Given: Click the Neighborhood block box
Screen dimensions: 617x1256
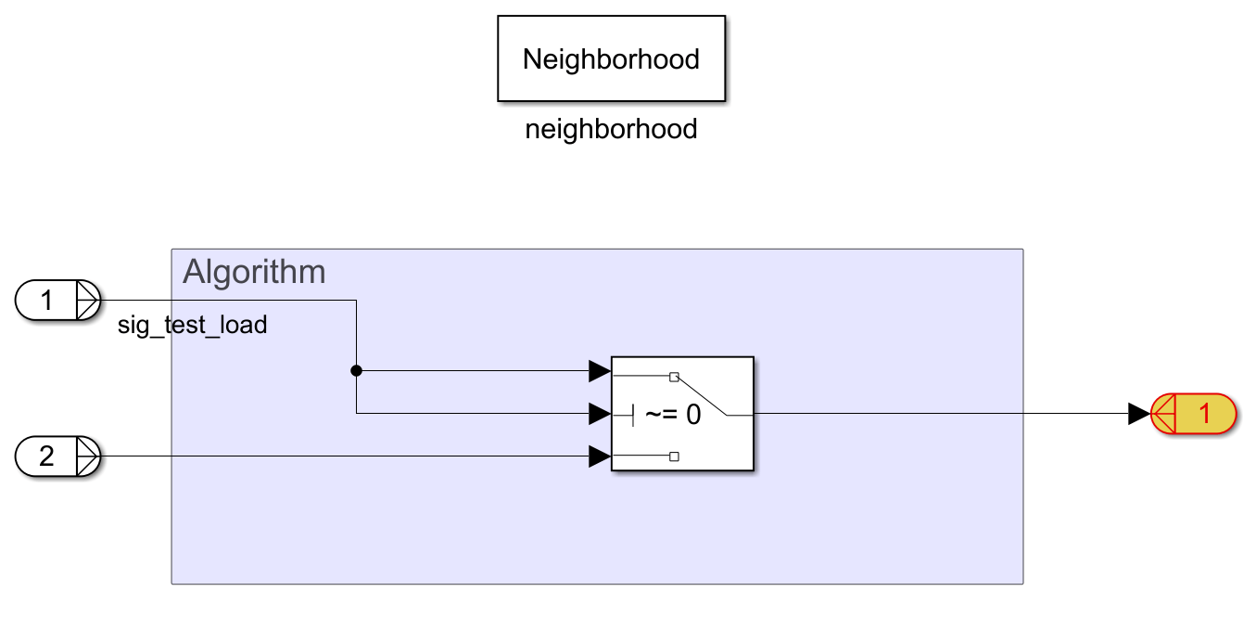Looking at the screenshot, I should [x=611, y=58].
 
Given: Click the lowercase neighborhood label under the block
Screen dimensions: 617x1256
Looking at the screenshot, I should [x=611, y=129].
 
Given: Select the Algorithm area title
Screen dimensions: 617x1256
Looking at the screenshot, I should [x=254, y=272].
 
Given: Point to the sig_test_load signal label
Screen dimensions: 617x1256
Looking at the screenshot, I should [x=192, y=325].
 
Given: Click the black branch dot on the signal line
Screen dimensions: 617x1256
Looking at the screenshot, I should [x=356, y=371].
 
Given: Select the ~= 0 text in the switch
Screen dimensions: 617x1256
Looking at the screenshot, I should [x=673, y=415].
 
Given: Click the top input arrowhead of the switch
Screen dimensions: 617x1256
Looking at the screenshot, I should [x=600, y=371].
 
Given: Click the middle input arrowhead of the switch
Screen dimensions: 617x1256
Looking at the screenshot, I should [x=600, y=414].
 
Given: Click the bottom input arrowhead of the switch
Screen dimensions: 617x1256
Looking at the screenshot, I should [x=600, y=456].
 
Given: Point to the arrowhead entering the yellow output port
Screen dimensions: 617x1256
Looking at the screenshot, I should [x=1138, y=414].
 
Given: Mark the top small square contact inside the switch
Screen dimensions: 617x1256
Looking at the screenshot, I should [x=674, y=377].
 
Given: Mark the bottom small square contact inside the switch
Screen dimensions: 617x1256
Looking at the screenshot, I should [x=674, y=456].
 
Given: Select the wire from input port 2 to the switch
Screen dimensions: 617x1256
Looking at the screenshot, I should [x=343, y=456].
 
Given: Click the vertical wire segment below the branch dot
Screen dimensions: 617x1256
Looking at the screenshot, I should [x=356, y=394].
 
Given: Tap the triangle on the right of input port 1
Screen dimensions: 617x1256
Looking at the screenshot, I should [x=90, y=301].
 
